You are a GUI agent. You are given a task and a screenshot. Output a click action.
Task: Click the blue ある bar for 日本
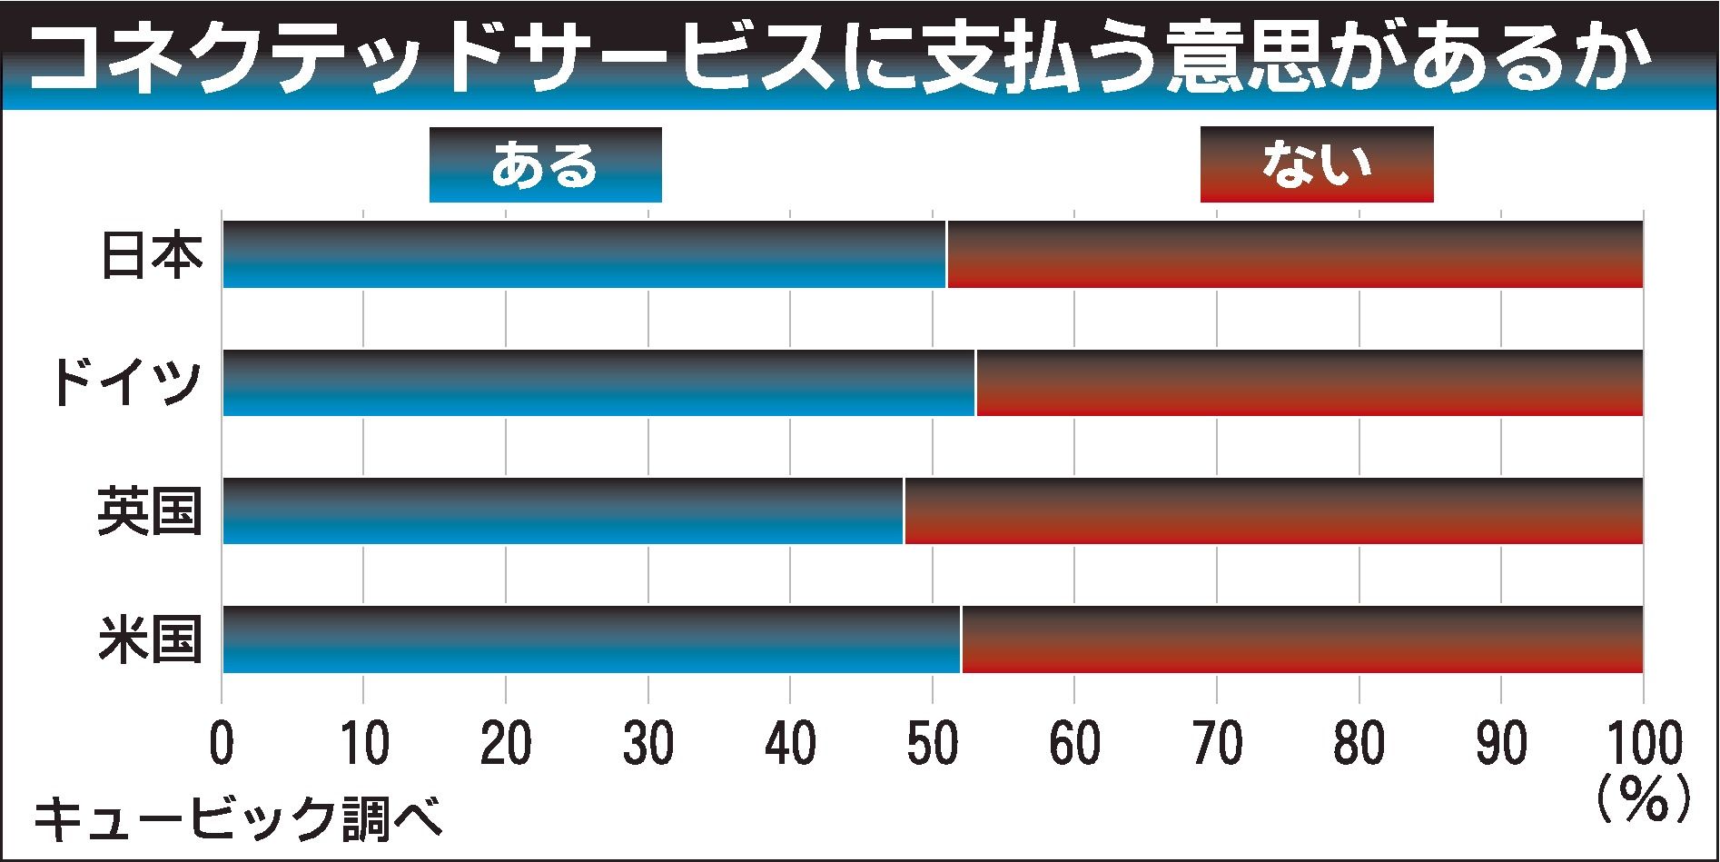coord(584,254)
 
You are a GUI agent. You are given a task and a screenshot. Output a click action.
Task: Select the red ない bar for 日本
coord(1294,254)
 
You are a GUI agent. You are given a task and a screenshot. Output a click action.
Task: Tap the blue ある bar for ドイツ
coord(598,382)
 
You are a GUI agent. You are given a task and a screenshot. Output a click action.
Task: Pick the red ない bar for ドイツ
coord(1309,382)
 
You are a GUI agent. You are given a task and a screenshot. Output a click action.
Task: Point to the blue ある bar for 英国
coord(563,510)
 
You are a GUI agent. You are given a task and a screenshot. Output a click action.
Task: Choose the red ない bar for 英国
coord(1273,510)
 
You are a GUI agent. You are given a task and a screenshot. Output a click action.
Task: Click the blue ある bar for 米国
coord(591,639)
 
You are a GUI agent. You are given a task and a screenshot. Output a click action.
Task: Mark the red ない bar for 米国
coord(1301,639)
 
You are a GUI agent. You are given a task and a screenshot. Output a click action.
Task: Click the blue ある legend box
coord(545,164)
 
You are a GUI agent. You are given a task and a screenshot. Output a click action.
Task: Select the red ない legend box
coord(1317,164)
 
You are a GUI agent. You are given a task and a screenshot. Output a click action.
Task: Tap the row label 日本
coord(150,255)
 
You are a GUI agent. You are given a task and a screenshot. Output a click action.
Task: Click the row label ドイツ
coord(125,383)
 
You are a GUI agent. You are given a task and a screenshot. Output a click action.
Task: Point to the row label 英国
coord(150,511)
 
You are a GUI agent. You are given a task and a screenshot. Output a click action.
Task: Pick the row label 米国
coord(150,639)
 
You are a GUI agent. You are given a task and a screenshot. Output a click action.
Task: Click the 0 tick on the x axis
coord(222,745)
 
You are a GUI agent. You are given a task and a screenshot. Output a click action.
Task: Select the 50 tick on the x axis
coord(932,745)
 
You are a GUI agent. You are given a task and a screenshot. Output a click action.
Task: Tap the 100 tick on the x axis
coord(1642,745)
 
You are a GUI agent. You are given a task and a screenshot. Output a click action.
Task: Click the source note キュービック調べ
coord(238,818)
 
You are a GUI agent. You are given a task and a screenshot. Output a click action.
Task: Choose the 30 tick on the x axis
coord(647,745)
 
